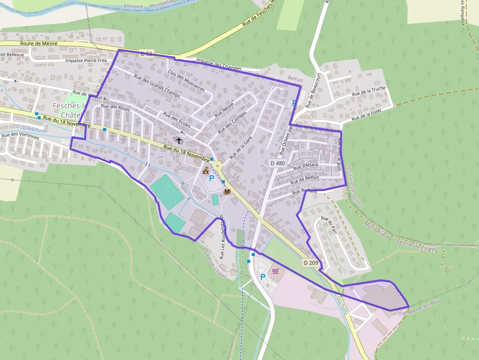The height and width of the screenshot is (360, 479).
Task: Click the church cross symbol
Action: pyautogui.click(x=179, y=141)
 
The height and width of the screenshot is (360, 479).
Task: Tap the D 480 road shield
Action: pyautogui.click(x=277, y=163)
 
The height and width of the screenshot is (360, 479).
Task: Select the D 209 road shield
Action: pyautogui.click(x=310, y=263)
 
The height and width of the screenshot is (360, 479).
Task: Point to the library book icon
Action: pyautogui.click(x=227, y=191)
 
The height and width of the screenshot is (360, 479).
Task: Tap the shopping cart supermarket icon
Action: pyautogui.click(x=276, y=271)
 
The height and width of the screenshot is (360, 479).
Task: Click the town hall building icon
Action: pyautogui.click(x=206, y=170)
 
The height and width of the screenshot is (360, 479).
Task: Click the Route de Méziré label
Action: pyautogui.click(x=39, y=43)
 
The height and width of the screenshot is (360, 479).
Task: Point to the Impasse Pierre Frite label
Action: pyautogui.click(x=86, y=61)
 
